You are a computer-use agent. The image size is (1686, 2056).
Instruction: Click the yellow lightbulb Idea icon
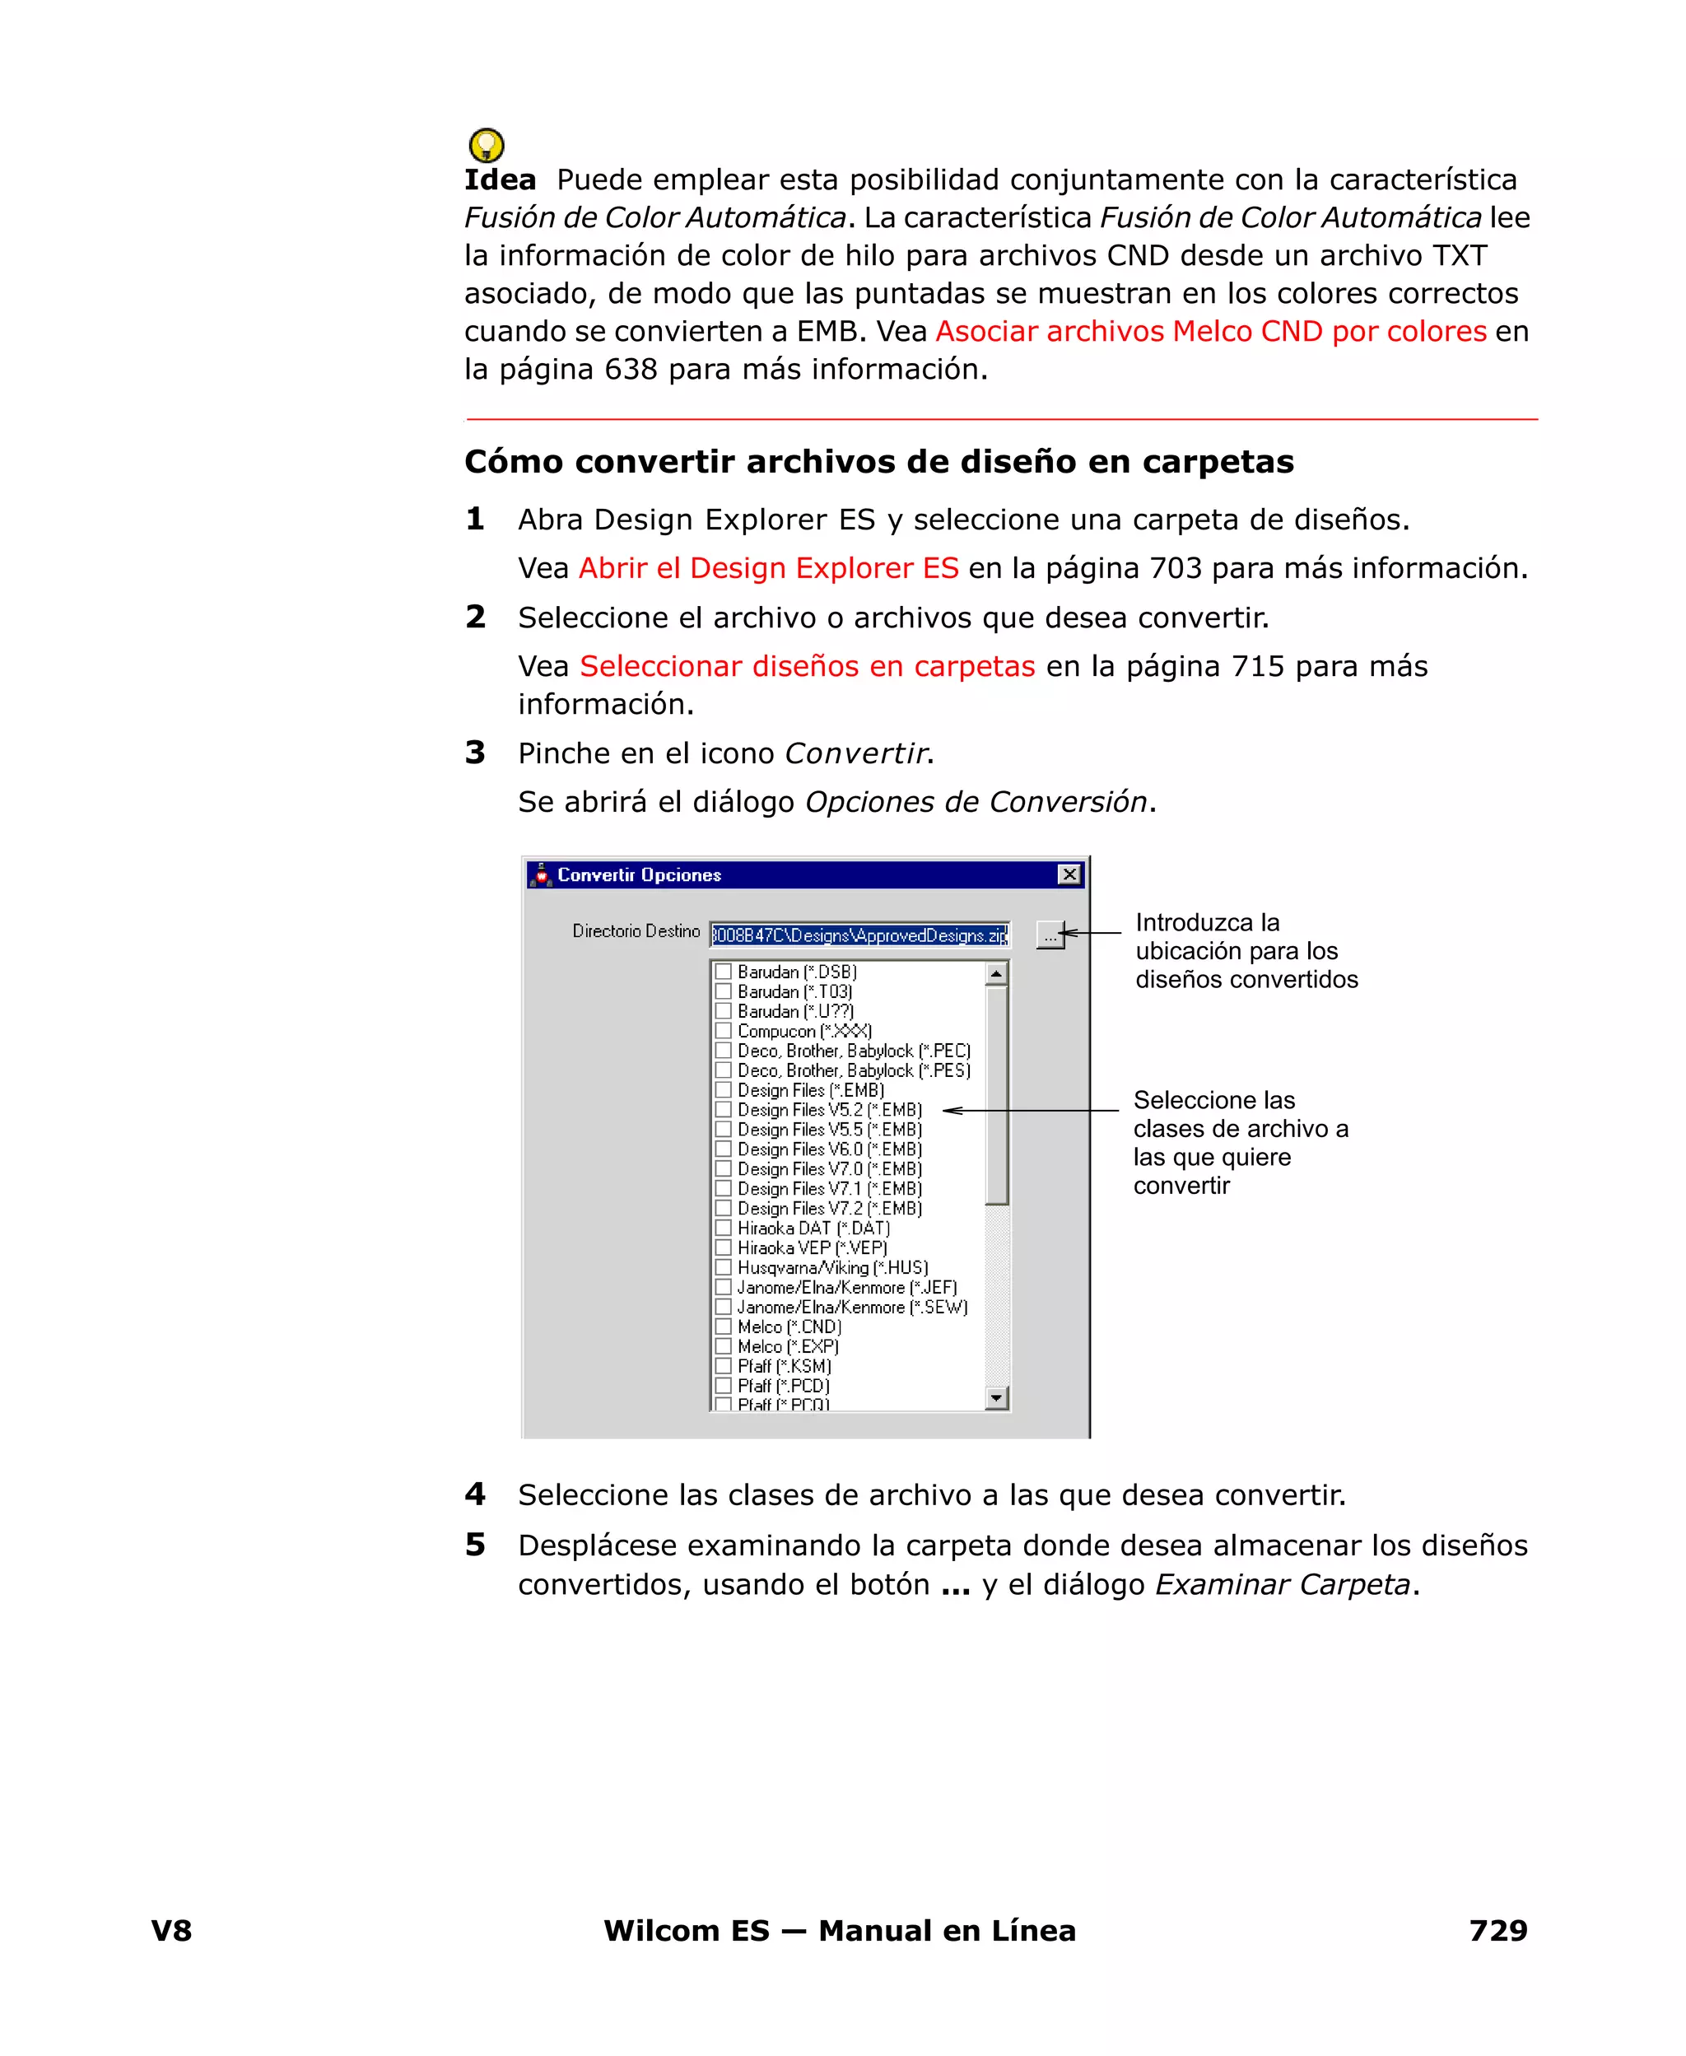[x=486, y=146]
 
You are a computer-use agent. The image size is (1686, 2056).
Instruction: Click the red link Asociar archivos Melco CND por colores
[x=1210, y=331]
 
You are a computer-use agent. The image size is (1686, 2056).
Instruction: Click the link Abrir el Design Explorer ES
[x=768, y=568]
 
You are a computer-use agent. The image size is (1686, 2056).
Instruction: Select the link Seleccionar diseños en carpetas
[x=807, y=666]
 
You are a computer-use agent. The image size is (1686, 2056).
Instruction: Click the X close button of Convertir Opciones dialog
[x=1069, y=874]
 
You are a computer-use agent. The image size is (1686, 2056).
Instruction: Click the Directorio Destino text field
[x=859, y=935]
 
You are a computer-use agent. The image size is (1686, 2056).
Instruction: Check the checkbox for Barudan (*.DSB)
[x=723, y=971]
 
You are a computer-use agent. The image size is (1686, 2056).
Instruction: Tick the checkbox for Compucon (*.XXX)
[x=723, y=1030]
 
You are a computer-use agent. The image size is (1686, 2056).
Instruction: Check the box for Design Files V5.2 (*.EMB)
[x=723, y=1109]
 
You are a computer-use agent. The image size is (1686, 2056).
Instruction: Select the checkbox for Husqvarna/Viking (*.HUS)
[x=723, y=1267]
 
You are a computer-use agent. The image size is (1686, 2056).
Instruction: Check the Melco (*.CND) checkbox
[x=723, y=1326]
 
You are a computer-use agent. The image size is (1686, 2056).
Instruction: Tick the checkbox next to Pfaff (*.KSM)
[x=723, y=1365]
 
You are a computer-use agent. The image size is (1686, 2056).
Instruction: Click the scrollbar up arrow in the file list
[x=996, y=972]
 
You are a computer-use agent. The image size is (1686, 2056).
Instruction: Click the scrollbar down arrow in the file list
[x=996, y=1398]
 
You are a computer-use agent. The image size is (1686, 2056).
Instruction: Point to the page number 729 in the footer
[x=1497, y=1930]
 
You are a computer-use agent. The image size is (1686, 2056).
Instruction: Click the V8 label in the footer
[x=171, y=1930]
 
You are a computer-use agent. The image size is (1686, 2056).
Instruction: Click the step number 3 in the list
[x=475, y=753]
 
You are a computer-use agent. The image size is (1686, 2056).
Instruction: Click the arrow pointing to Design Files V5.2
[x=1030, y=1110]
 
